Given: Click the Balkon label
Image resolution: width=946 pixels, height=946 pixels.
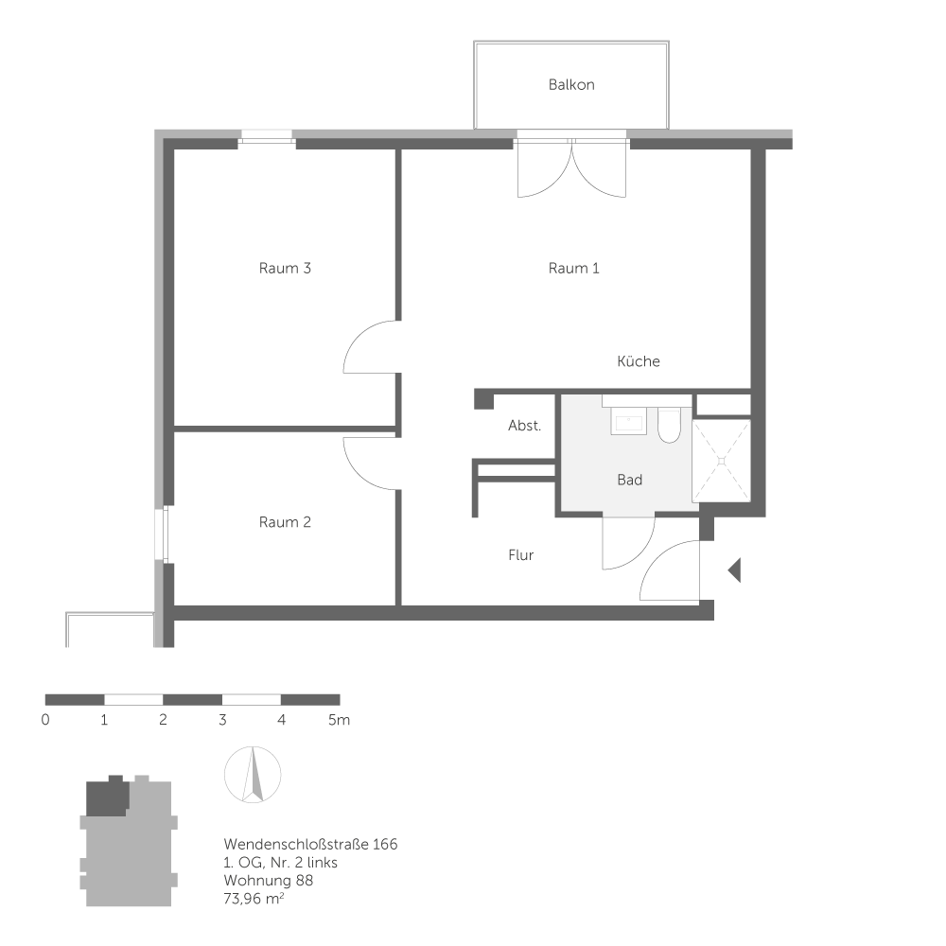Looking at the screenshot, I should point(571,85).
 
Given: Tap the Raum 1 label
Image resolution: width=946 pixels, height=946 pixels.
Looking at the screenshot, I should point(574,269).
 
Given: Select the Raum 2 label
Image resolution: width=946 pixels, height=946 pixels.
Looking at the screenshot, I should point(285,522).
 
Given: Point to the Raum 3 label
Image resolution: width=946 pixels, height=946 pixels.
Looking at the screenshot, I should point(285,269).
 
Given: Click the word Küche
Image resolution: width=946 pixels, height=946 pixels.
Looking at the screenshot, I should point(639,361).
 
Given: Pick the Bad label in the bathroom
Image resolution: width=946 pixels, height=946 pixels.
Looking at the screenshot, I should point(630,481).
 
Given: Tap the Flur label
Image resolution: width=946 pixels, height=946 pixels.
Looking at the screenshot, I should point(521,555).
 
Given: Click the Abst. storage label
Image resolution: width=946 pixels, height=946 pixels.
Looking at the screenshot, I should point(525,426).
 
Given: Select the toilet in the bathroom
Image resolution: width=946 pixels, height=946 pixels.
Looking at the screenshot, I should point(669,427).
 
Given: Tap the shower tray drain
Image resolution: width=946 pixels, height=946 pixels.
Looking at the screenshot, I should point(723,461).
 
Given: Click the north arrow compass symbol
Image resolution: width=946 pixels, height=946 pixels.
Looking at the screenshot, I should point(253,775).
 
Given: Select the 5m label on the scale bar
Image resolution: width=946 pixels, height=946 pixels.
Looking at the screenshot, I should point(340,720).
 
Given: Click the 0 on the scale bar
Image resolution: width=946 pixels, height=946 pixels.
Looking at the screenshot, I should point(45,720).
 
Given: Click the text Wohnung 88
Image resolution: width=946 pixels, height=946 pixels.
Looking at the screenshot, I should point(269,881).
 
